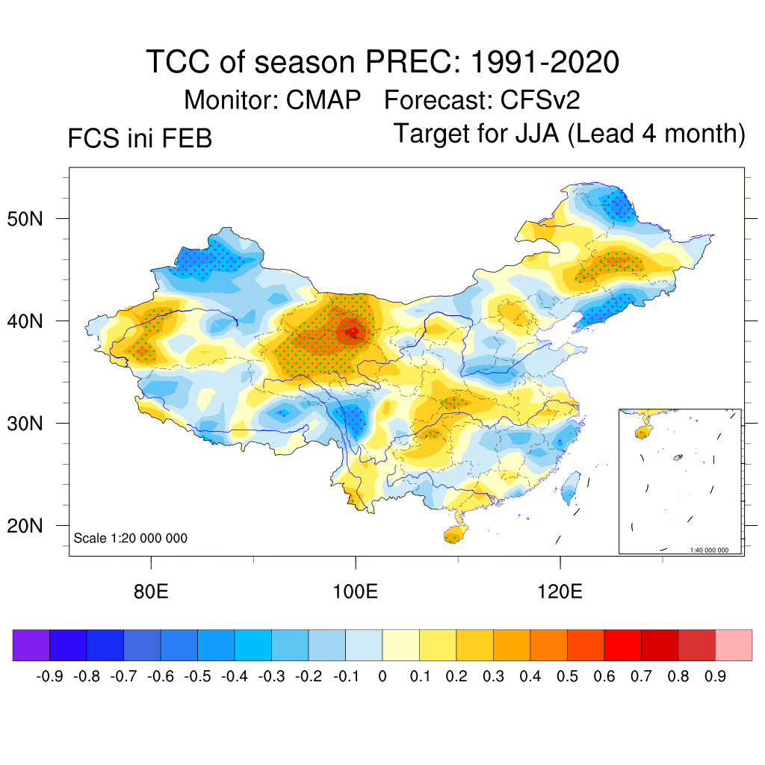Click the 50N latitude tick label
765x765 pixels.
34,219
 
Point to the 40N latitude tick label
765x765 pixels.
34,321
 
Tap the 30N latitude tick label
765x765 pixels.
34,424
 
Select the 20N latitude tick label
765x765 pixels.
34,526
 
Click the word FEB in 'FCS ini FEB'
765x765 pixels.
186,139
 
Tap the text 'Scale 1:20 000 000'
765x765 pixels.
131,539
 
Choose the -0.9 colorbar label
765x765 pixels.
49,677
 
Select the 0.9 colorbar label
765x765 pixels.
715,677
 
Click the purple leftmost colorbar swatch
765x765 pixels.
31,645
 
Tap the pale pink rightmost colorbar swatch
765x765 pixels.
734,645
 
